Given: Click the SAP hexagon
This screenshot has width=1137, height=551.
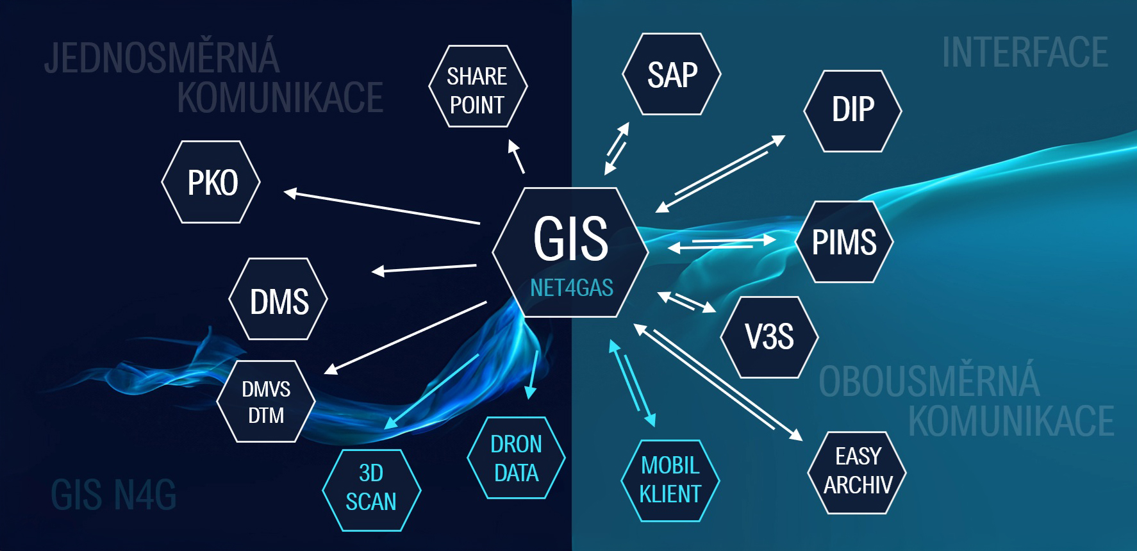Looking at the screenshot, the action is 672,74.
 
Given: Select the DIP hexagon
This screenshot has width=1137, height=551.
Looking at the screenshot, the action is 852,110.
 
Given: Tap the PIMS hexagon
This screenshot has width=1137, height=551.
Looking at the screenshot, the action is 844,242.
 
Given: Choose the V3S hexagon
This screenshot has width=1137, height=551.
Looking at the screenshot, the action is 769,337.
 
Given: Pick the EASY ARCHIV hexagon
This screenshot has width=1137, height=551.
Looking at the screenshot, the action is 858,472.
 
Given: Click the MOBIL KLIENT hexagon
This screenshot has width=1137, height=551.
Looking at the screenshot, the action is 670,481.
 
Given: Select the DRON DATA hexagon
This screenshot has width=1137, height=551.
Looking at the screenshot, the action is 516,458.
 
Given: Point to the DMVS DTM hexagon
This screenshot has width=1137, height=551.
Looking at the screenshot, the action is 266,402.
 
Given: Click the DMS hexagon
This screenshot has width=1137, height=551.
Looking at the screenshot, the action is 279,299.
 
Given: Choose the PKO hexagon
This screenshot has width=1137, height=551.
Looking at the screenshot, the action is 212,183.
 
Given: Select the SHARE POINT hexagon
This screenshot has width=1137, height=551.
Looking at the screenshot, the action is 477,86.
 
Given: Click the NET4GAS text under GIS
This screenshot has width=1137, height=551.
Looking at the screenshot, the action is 572,288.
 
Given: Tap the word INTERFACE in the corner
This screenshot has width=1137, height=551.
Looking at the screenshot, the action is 1024,53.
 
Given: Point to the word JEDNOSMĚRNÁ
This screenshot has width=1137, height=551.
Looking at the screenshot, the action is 162,58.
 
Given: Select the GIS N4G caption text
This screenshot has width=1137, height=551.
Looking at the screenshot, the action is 113,495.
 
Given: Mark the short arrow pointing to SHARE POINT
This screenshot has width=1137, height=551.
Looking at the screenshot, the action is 517,156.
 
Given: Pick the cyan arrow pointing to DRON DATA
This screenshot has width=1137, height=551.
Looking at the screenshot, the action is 533,375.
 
